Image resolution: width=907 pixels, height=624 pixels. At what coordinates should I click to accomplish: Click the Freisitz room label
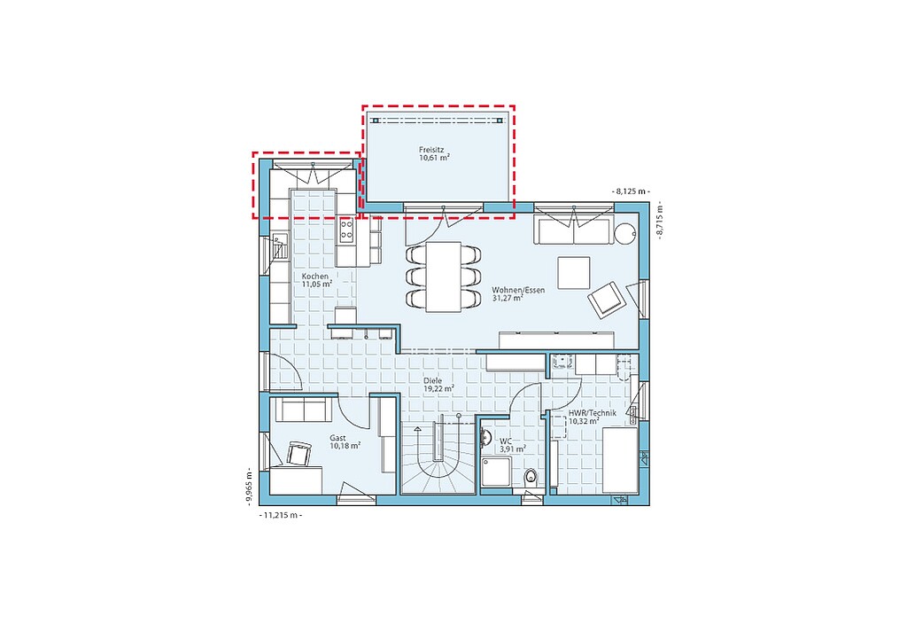point(431,149)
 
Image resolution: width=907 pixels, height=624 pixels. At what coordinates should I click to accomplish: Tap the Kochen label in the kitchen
point(314,277)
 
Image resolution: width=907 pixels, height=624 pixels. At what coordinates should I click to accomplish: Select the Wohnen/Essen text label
point(518,290)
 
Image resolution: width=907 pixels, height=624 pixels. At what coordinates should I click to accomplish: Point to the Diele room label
point(432,381)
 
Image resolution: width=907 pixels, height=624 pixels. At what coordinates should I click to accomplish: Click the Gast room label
point(337,438)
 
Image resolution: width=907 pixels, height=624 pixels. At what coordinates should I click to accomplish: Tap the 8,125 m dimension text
point(631,191)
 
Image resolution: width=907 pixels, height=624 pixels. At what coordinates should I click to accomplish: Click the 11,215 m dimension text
point(281,515)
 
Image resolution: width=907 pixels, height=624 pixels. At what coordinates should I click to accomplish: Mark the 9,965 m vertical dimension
point(249,487)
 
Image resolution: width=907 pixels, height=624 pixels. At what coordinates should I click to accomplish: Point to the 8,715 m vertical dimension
point(659,221)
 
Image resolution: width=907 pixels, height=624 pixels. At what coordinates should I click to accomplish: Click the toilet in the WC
point(530,478)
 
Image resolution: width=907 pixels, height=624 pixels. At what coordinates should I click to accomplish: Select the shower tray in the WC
point(496,473)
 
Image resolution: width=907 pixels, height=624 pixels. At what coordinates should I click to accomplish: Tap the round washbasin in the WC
point(485,438)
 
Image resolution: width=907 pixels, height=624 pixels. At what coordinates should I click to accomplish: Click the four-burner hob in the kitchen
point(346,230)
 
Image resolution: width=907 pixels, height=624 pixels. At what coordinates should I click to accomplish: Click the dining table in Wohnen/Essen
point(444,277)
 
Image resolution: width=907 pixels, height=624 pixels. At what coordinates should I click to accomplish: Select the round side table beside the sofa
point(625,234)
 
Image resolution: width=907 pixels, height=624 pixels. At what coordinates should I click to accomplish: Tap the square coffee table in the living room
point(574,273)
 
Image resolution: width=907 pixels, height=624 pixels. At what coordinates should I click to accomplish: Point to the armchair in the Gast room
point(298,453)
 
